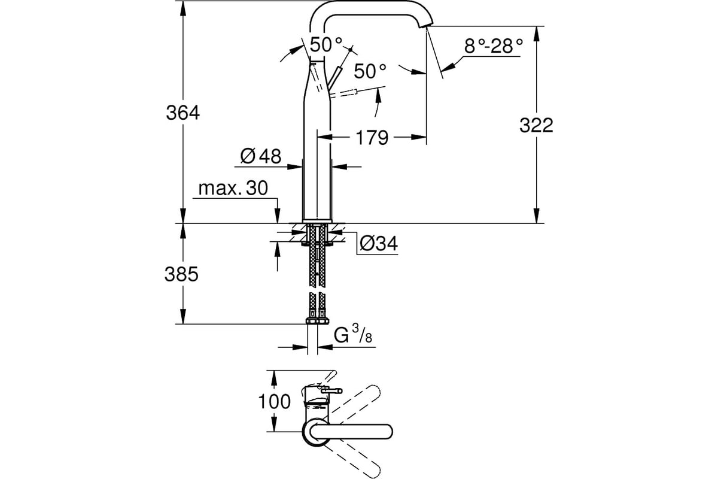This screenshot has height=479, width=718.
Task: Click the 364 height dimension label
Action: point(182,113)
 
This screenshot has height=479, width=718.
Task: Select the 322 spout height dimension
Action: point(536,125)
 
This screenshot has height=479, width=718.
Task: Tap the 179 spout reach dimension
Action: point(372,138)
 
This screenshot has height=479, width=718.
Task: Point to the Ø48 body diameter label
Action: point(261,156)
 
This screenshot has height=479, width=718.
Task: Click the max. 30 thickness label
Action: point(233,188)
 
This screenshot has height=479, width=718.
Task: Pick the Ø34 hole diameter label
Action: point(379,243)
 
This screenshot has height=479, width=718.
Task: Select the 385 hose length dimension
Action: point(181,275)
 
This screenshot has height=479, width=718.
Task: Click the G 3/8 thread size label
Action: point(353,334)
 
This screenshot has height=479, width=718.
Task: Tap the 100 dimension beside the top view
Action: point(275,401)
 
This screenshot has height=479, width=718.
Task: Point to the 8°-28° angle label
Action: point(494,46)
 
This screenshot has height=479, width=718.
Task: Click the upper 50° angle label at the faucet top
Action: point(326,44)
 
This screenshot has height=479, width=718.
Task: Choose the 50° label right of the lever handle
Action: point(370,71)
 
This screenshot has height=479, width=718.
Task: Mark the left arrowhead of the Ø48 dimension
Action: point(294,167)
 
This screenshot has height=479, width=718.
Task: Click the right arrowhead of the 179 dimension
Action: point(418,137)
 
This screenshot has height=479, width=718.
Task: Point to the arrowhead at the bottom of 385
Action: point(182,316)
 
